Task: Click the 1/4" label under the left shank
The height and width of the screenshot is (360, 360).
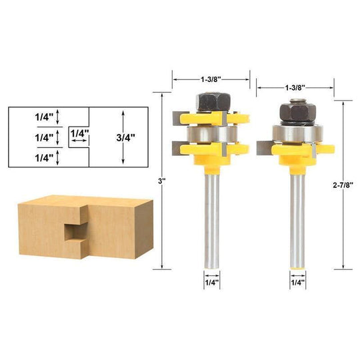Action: [212, 283]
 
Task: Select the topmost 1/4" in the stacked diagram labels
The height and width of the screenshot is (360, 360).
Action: [45, 116]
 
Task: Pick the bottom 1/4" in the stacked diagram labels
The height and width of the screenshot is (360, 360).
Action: [45, 158]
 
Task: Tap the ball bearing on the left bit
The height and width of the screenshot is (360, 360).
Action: [212, 133]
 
